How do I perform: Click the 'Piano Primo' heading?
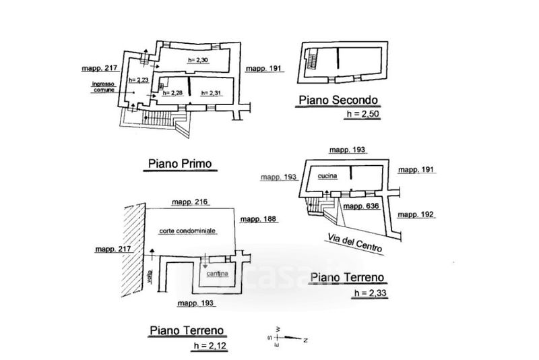(x=179, y=163)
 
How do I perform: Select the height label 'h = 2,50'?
(x=362, y=116)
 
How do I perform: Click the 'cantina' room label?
(x=218, y=274)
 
